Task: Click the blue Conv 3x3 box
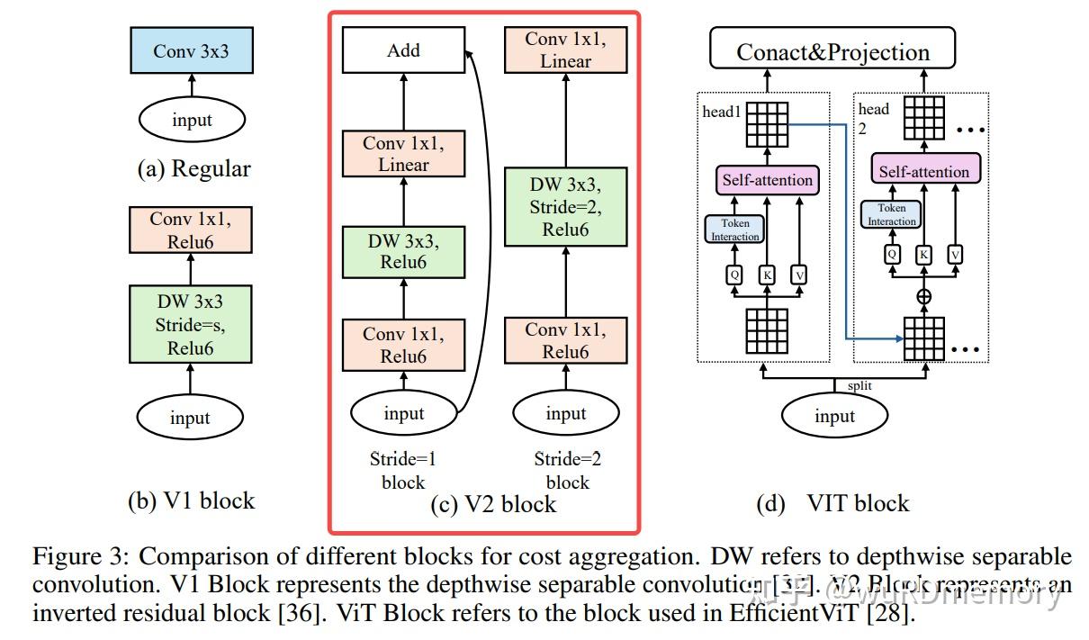pyautogui.click(x=190, y=50)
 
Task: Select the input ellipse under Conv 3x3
pyautogui.click(x=190, y=121)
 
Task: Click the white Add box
pyautogui.click(x=403, y=50)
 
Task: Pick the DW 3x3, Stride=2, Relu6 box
pyautogui.click(x=565, y=207)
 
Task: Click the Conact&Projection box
pyautogui.click(x=832, y=51)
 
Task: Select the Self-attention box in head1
pyautogui.click(x=768, y=180)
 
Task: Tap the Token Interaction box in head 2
pyautogui.click(x=891, y=215)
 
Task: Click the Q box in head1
pyautogui.click(x=734, y=274)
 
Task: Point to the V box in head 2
pyautogui.click(x=955, y=255)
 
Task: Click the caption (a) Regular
pyautogui.click(x=193, y=169)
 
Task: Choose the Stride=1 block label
pyautogui.click(x=403, y=470)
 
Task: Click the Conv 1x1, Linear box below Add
pyautogui.click(x=403, y=154)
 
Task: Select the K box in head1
pyautogui.click(x=767, y=274)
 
